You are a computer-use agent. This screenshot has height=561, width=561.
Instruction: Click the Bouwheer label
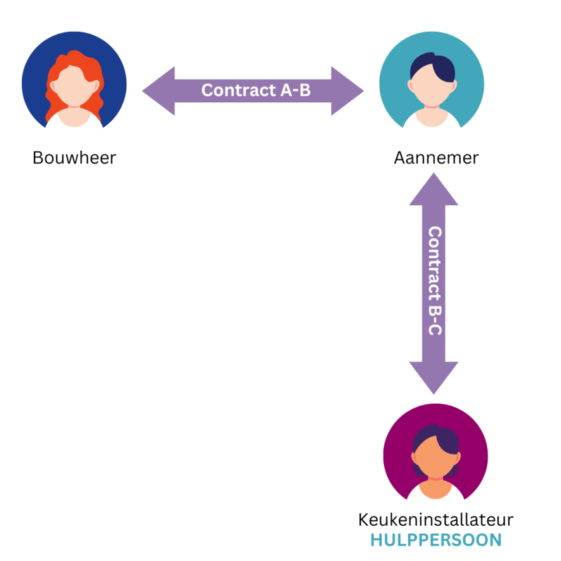tap(74, 158)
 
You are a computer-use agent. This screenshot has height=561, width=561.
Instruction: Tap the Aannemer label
tap(436, 158)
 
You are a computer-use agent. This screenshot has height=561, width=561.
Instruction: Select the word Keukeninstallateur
tap(436, 519)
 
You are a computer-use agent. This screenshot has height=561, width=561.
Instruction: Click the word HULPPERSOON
tap(436, 540)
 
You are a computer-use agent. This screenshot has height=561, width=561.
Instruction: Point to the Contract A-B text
tap(256, 90)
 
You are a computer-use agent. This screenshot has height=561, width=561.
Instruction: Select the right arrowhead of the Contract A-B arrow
tap(349, 91)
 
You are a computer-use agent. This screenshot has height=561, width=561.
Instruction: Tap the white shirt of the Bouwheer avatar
tap(74, 120)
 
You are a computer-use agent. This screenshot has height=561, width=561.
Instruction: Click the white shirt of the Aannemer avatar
tap(432, 120)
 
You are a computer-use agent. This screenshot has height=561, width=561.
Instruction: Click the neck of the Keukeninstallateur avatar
tap(435, 477)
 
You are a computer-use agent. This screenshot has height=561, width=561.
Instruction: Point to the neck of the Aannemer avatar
tap(432, 106)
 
